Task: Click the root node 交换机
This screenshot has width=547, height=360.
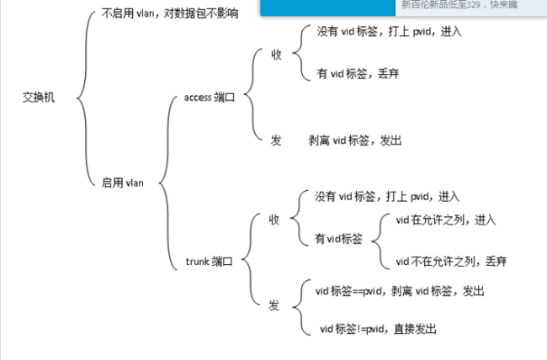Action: pos(38,97)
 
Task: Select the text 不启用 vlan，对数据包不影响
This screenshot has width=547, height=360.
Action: pos(169,13)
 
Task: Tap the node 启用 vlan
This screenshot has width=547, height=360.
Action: pos(122,181)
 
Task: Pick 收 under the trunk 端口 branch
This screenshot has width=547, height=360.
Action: pos(273,220)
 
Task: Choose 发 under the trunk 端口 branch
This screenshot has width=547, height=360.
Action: pos(273,304)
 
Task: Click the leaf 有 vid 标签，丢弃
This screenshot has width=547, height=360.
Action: pos(358,74)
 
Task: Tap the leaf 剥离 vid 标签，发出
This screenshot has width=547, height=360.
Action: pos(355,140)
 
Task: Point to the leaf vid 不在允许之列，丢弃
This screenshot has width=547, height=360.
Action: pos(451,262)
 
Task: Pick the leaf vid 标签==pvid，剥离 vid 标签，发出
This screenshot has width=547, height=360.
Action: pos(400,291)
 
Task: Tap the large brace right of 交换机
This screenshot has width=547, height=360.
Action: pos(82,97)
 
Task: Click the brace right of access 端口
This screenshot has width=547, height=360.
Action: pos(253,97)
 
